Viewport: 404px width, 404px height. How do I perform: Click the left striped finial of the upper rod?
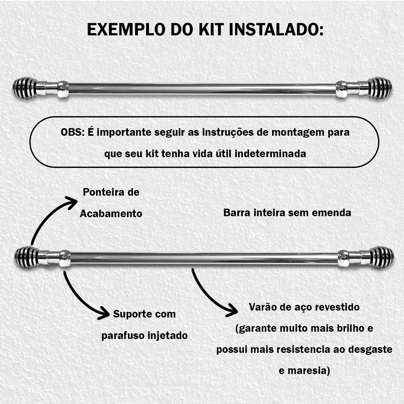25,88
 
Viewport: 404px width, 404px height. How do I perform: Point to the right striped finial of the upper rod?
380,88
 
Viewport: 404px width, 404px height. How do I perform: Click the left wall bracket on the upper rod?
63,90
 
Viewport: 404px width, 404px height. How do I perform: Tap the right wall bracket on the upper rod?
342,90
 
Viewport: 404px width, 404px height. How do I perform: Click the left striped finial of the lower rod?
27,257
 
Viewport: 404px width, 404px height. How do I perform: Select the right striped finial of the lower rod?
382,257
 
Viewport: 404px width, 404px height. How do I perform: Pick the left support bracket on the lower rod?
65,259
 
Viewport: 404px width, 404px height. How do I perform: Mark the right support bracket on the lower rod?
344,259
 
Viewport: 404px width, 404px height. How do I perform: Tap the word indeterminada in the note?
270,154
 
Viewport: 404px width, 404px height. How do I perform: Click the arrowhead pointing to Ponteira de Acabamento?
71,203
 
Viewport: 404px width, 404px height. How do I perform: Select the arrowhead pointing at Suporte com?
104,313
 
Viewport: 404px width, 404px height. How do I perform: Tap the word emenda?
331,213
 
